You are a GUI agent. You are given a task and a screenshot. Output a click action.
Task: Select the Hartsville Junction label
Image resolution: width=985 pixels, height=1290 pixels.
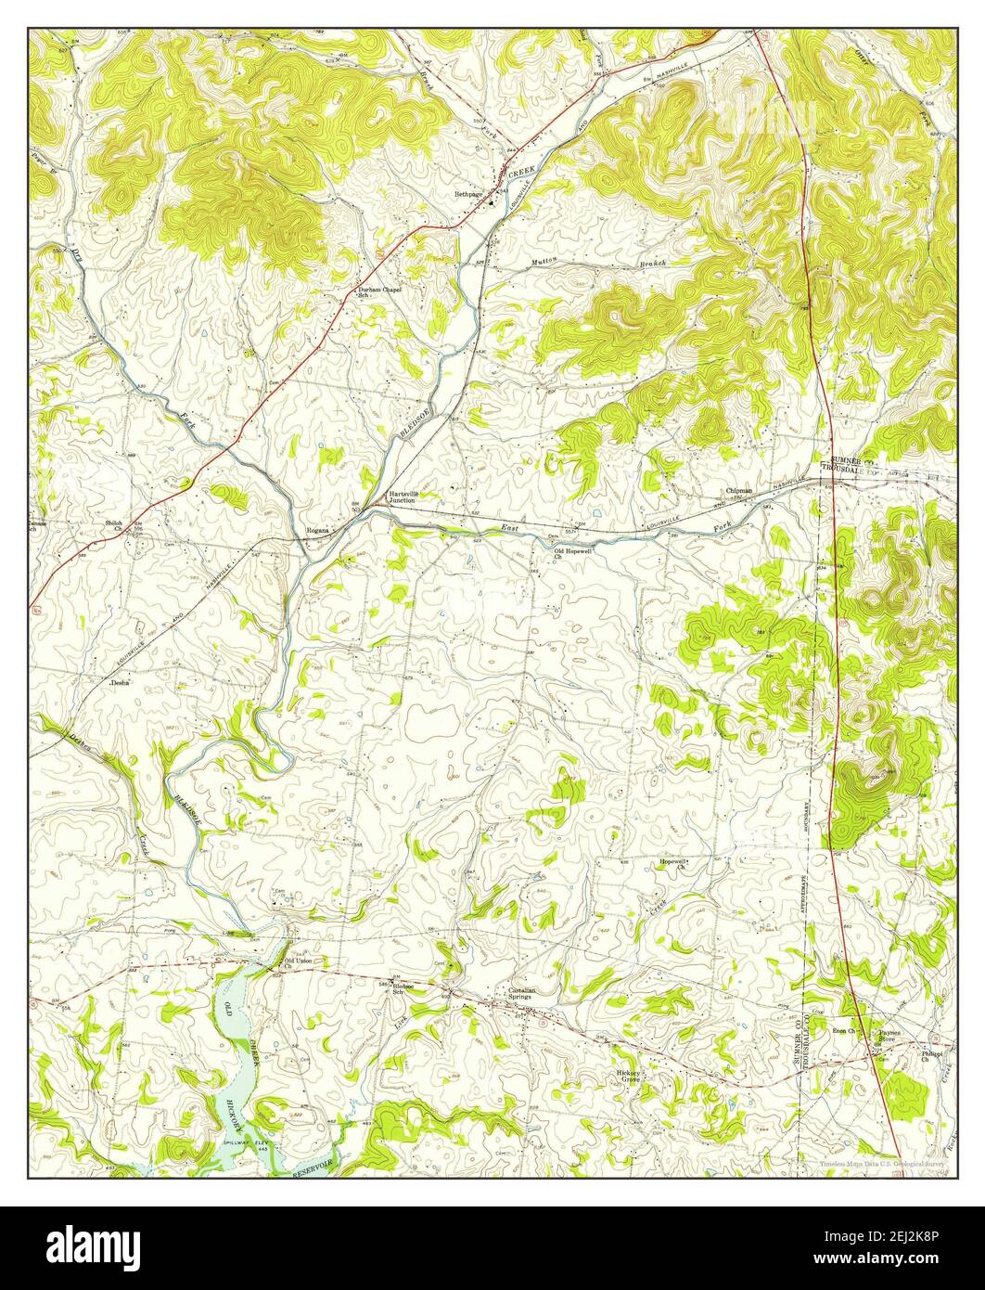407,497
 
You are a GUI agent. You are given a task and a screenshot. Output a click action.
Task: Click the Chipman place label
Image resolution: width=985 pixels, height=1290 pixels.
739,490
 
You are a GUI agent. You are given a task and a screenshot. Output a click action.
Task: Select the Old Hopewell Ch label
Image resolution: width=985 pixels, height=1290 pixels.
572,554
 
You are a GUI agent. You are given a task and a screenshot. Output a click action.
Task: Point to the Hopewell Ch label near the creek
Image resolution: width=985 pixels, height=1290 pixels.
672,864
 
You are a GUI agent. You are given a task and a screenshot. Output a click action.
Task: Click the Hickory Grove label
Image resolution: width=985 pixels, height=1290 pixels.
631,1077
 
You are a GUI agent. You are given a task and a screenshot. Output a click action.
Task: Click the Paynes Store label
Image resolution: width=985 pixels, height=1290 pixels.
890,1035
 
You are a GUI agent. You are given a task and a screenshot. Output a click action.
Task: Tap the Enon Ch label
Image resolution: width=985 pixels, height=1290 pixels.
844,1030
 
